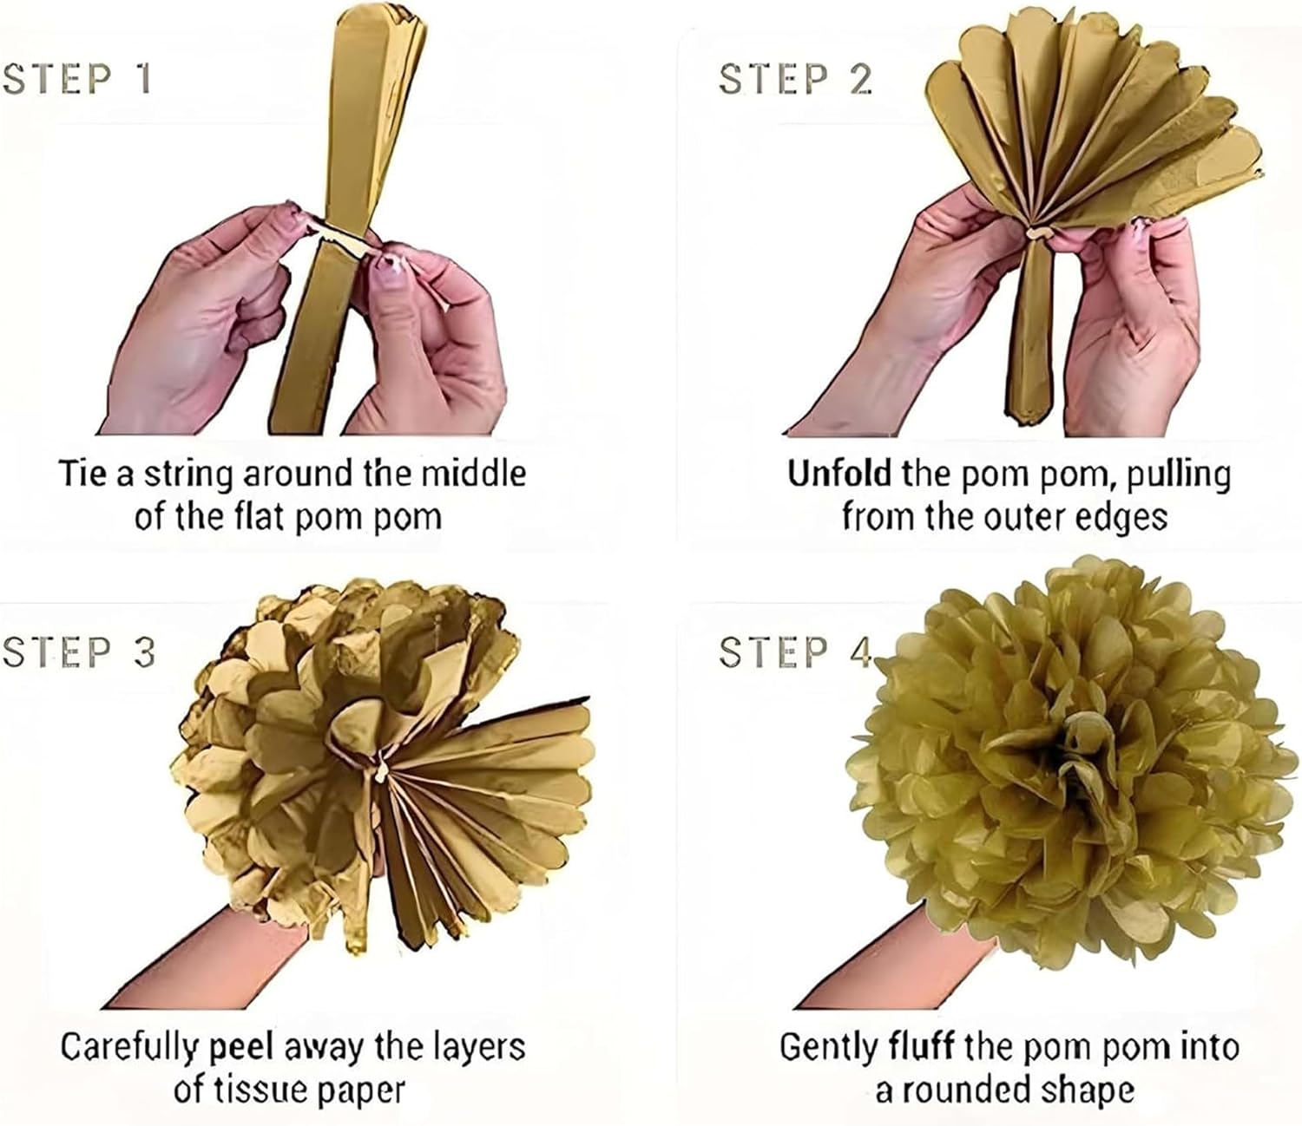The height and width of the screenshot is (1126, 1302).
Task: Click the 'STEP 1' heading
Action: (x=77, y=79)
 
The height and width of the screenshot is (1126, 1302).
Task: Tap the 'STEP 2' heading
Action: (x=796, y=79)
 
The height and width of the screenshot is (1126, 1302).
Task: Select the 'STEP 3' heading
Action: (x=78, y=652)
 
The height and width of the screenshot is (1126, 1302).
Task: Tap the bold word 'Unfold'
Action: (x=838, y=474)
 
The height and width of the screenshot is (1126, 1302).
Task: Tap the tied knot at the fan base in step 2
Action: (x=1039, y=235)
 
